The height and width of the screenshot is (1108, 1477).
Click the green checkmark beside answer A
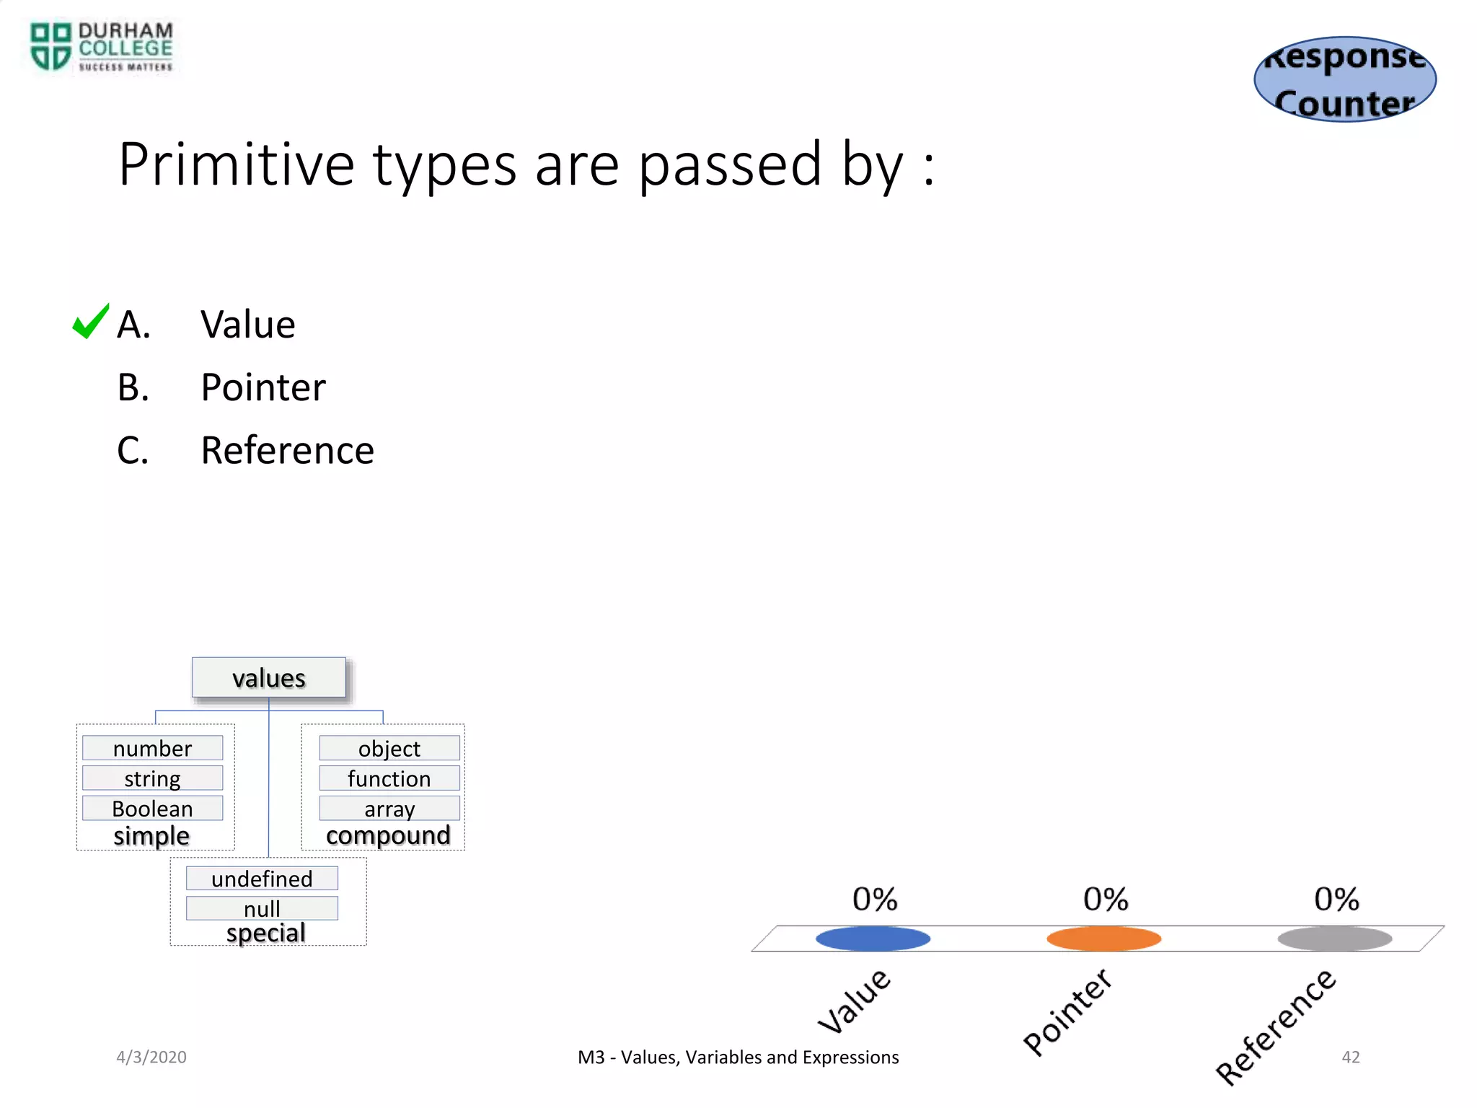(91, 322)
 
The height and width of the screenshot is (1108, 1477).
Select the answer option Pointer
(263, 387)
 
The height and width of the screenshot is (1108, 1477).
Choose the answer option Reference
(287, 450)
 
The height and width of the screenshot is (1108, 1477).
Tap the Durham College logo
(101, 48)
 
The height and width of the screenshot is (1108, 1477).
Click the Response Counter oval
(1345, 79)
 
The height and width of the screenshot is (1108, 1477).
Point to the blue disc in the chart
(873, 938)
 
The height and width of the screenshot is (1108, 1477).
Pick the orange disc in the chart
(1103, 938)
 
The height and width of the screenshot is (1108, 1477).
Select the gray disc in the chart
(1334, 938)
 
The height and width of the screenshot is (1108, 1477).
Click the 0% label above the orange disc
(1106, 900)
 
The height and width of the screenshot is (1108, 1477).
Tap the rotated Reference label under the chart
(1275, 1027)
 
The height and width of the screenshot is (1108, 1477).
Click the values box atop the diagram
(269, 678)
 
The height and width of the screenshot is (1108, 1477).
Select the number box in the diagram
(152, 748)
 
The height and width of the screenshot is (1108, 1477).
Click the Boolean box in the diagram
(152, 808)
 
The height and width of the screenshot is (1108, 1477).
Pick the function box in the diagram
(389, 778)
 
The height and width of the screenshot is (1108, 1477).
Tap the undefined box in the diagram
(262, 879)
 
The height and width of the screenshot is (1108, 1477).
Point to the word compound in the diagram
(388, 835)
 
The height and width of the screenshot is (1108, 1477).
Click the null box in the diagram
(262, 908)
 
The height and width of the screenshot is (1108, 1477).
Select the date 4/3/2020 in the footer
(151, 1057)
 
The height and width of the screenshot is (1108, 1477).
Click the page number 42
(1350, 1057)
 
